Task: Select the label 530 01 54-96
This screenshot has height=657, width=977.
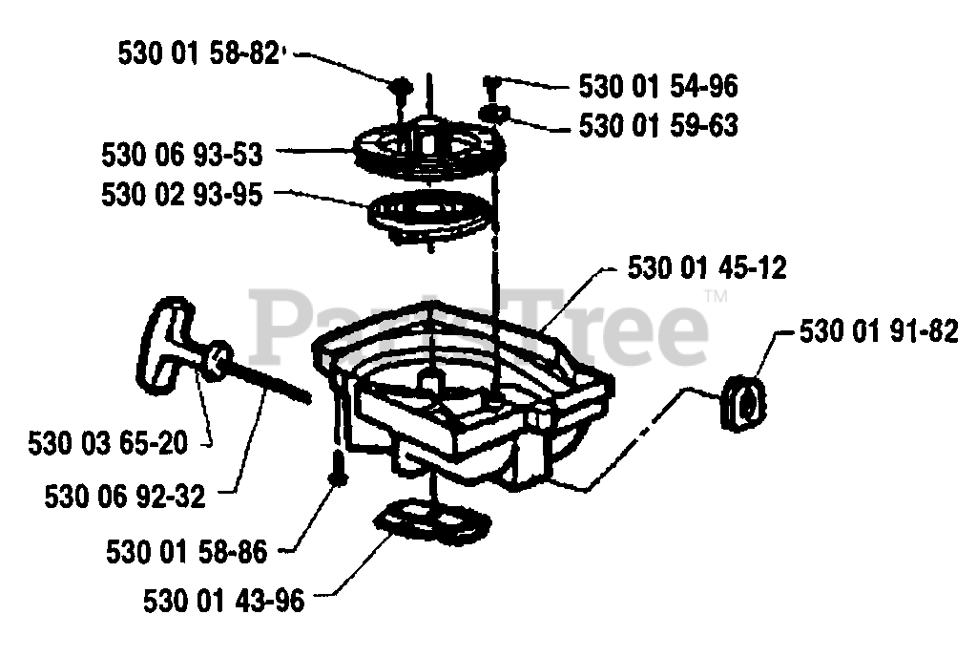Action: click(x=658, y=87)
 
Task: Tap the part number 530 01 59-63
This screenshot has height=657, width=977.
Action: click(x=658, y=125)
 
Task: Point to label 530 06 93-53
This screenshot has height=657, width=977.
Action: click(x=182, y=154)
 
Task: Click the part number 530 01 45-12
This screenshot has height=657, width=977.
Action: click(x=707, y=268)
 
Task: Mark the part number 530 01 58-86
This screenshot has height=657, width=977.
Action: click(x=188, y=551)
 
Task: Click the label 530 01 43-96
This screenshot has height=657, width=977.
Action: click(x=224, y=601)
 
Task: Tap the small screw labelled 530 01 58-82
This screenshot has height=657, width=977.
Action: click(x=402, y=88)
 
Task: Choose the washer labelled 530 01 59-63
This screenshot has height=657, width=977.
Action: click(x=494, y=116)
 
